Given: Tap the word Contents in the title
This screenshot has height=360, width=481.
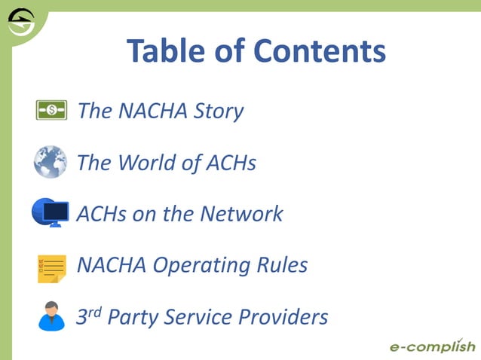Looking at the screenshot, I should (x=320, y=51).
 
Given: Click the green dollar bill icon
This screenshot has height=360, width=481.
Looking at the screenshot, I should (x=51, y=111).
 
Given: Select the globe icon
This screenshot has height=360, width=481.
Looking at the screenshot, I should (x=51, y=162).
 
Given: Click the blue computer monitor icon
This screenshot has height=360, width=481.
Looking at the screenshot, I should (x=51, y=213).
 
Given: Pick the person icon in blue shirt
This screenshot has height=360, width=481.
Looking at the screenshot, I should (x=51, y=316).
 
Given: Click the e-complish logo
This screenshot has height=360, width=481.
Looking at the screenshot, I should (x=432, y=346).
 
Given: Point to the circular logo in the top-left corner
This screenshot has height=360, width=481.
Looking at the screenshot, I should (x=20, y=23).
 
